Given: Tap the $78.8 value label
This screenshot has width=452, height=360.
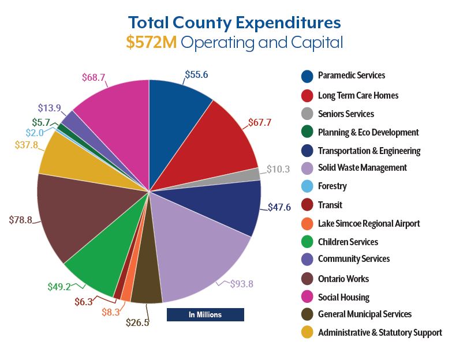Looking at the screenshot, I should coord(21,220).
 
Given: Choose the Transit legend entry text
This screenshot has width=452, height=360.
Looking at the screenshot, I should coord(330,205).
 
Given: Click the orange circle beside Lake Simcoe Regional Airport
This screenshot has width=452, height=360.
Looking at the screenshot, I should coord(307,223).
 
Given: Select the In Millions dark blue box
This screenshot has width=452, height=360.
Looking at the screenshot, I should coord(205,314).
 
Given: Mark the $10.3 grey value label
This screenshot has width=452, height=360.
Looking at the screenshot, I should coord(278,169).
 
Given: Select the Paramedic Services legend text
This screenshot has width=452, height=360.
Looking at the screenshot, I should coord(351,76).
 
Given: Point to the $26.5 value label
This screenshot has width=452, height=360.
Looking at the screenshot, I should coord(137,322).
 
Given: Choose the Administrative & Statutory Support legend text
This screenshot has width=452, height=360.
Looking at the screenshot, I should coord(380,332).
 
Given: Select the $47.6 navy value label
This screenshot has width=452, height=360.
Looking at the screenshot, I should coord(280,207).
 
